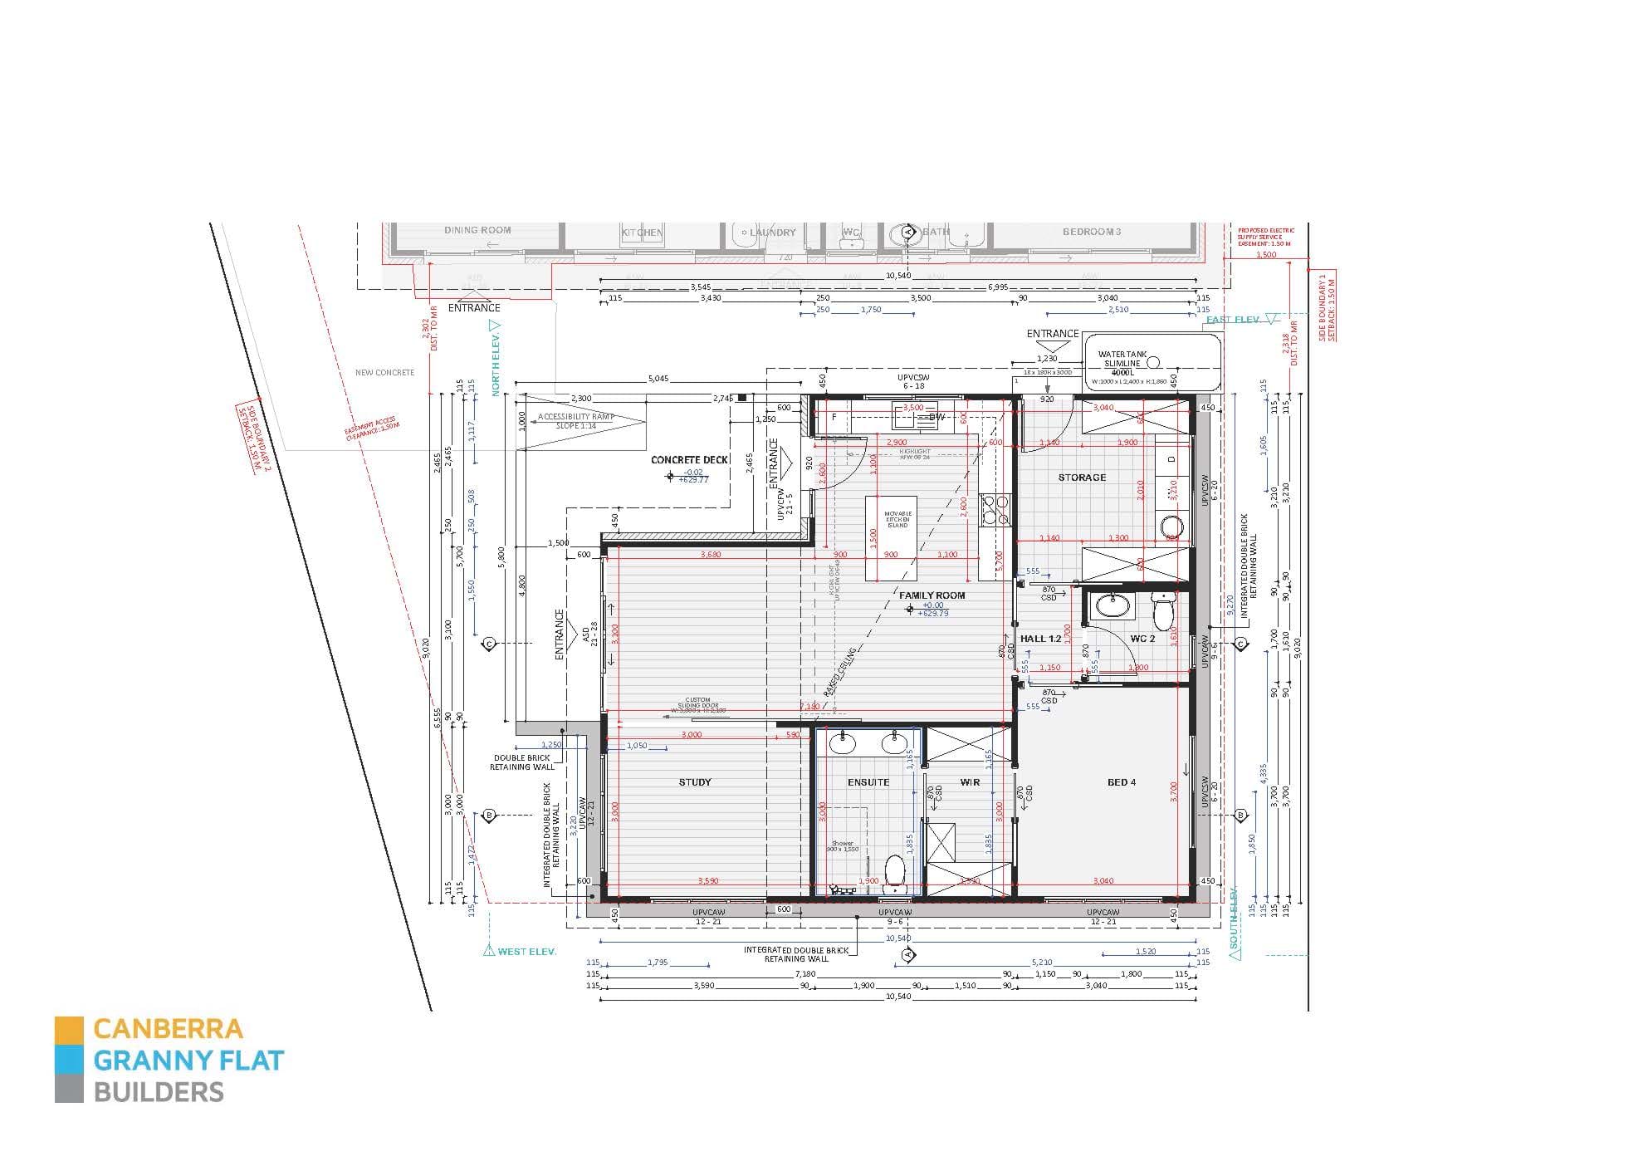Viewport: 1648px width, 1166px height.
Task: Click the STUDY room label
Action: tap(695, 782)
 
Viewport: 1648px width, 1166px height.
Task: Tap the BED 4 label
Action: tap(1121, 782)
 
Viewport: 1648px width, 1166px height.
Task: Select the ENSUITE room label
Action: tap(868, 782)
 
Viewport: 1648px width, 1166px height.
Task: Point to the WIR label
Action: tap(970, 782)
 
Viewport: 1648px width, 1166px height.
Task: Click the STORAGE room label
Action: tap(1082, 478)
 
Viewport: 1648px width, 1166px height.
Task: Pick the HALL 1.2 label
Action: tap(1040, 639)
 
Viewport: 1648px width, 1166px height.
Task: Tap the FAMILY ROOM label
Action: tap(932, 595)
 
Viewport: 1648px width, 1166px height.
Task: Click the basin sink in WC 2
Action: tap(1111, 605)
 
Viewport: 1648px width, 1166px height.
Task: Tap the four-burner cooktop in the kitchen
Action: tap(994, 510)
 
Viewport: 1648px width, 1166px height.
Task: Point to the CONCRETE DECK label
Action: tap(689, 460)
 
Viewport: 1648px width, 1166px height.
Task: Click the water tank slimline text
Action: tap(1122, 359)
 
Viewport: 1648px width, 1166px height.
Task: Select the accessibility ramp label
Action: tap(575, 421)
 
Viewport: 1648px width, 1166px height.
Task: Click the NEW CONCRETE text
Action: tap(384, 373)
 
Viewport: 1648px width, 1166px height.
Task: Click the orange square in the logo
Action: tap(69, 1030)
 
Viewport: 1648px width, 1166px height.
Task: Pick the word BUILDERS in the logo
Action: tap(159, 1092)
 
